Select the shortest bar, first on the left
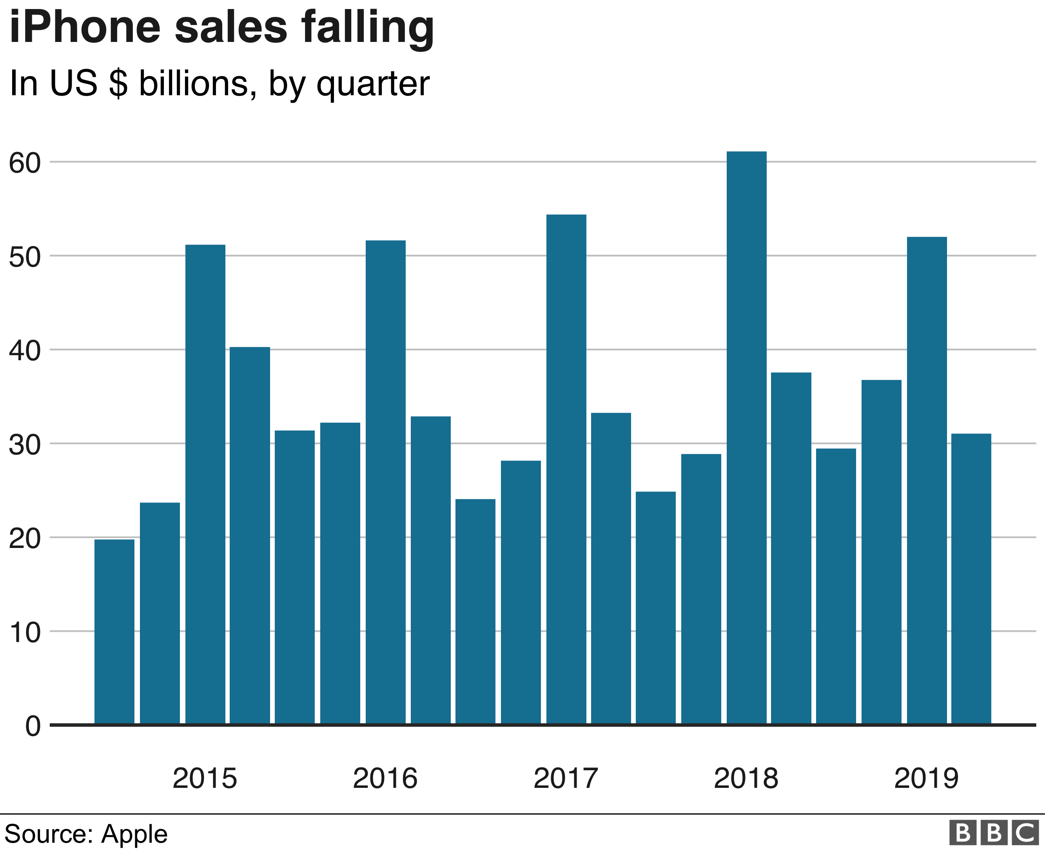[114, 631]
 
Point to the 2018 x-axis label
[746, 778]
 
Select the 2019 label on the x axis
[926, 778]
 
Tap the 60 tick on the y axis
[24, 163]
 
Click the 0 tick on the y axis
[33, 726]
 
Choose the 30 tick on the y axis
[24, 444]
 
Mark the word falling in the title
[367, 28]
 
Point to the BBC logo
[993, 833]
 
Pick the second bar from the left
[160, 613]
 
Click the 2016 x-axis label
[385, 778]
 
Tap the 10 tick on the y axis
[24, 632]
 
